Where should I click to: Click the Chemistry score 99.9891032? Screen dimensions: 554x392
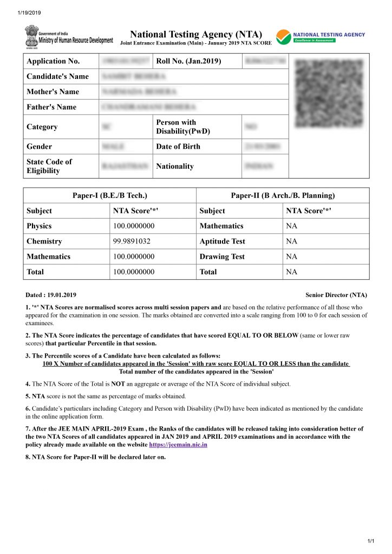132,241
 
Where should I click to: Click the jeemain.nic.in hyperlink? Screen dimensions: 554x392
178,445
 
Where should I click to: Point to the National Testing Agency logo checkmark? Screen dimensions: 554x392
283,37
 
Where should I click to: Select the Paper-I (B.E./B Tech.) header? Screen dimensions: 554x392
110,195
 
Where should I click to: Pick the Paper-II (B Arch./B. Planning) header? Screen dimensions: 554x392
283,195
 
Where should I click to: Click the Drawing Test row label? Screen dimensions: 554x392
222,256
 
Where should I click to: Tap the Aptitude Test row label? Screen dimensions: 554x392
222,241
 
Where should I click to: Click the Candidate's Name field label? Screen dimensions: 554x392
57,76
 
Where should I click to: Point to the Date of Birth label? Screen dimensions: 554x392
178,147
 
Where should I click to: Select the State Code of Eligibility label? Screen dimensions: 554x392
49,166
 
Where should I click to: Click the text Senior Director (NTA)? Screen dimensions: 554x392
336,295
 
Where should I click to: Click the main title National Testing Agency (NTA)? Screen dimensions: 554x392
197,34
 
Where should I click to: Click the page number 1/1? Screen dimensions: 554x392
371,542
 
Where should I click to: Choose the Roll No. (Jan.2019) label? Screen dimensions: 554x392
188,61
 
